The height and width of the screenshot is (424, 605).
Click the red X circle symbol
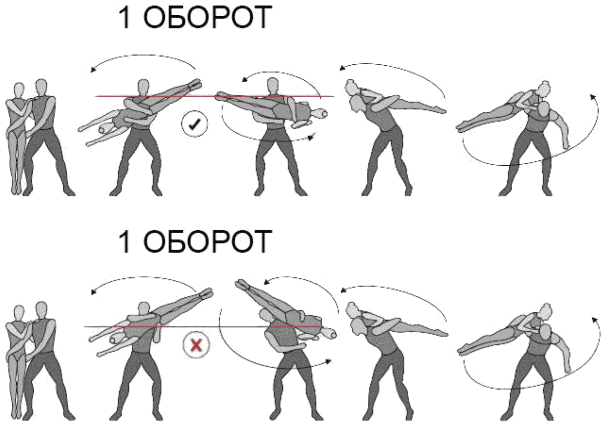click(196, 345)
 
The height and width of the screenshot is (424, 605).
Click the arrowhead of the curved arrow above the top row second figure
click(94, 69)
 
